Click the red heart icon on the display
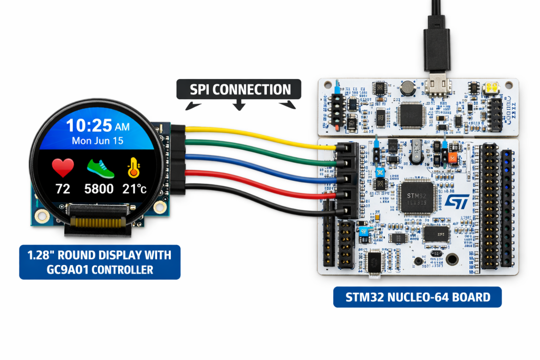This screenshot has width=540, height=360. pyautogui.click(x=63, y=168)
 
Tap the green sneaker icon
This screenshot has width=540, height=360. pyautogui.click(x=100, y=168)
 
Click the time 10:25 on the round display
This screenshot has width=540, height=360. pyautogui.click(x=90, y=127)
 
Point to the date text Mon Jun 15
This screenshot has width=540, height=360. pyautogui.click(x=98, y=141)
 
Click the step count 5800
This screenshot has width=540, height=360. pyautogui.click(x=100, y=189)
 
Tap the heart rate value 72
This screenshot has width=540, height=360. pyautogui.click(x=63, y=189)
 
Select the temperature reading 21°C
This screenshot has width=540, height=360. pyautogui.click(x=134, y=189)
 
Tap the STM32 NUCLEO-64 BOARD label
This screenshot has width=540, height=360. pyautogui.click(x=417, y=297)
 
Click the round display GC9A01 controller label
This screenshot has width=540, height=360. pyautogui.click(x=99, y=262)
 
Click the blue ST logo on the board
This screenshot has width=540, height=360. pyautogui.click(x=454, y=201)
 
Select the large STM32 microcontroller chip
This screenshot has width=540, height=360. pyautogui.click(x=416, y=199)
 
